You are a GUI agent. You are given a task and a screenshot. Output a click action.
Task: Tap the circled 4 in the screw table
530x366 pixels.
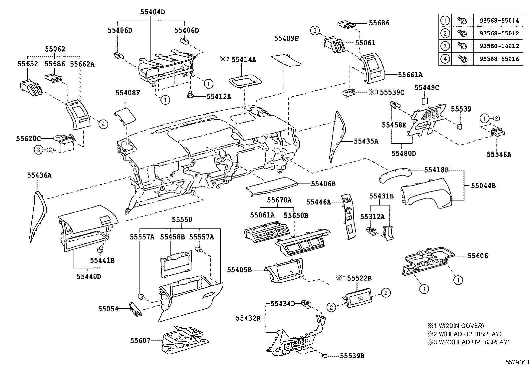pos(445,59)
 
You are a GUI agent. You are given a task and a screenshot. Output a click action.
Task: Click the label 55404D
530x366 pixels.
pos(152,12)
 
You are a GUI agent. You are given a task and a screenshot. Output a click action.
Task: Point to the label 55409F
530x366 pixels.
pos(286,38)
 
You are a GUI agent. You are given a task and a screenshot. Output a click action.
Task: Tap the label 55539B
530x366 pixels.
pos(352,356)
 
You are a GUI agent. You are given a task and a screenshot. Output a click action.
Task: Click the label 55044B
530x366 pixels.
pos(483,186)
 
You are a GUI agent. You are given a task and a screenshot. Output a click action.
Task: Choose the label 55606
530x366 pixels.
pos(477,256)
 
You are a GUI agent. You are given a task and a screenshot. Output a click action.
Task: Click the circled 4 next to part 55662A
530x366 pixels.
pos(103,124)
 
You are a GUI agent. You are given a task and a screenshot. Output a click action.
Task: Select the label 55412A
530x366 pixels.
pos(219,96)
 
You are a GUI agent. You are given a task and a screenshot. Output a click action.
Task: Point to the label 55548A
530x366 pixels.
pos(499,154)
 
